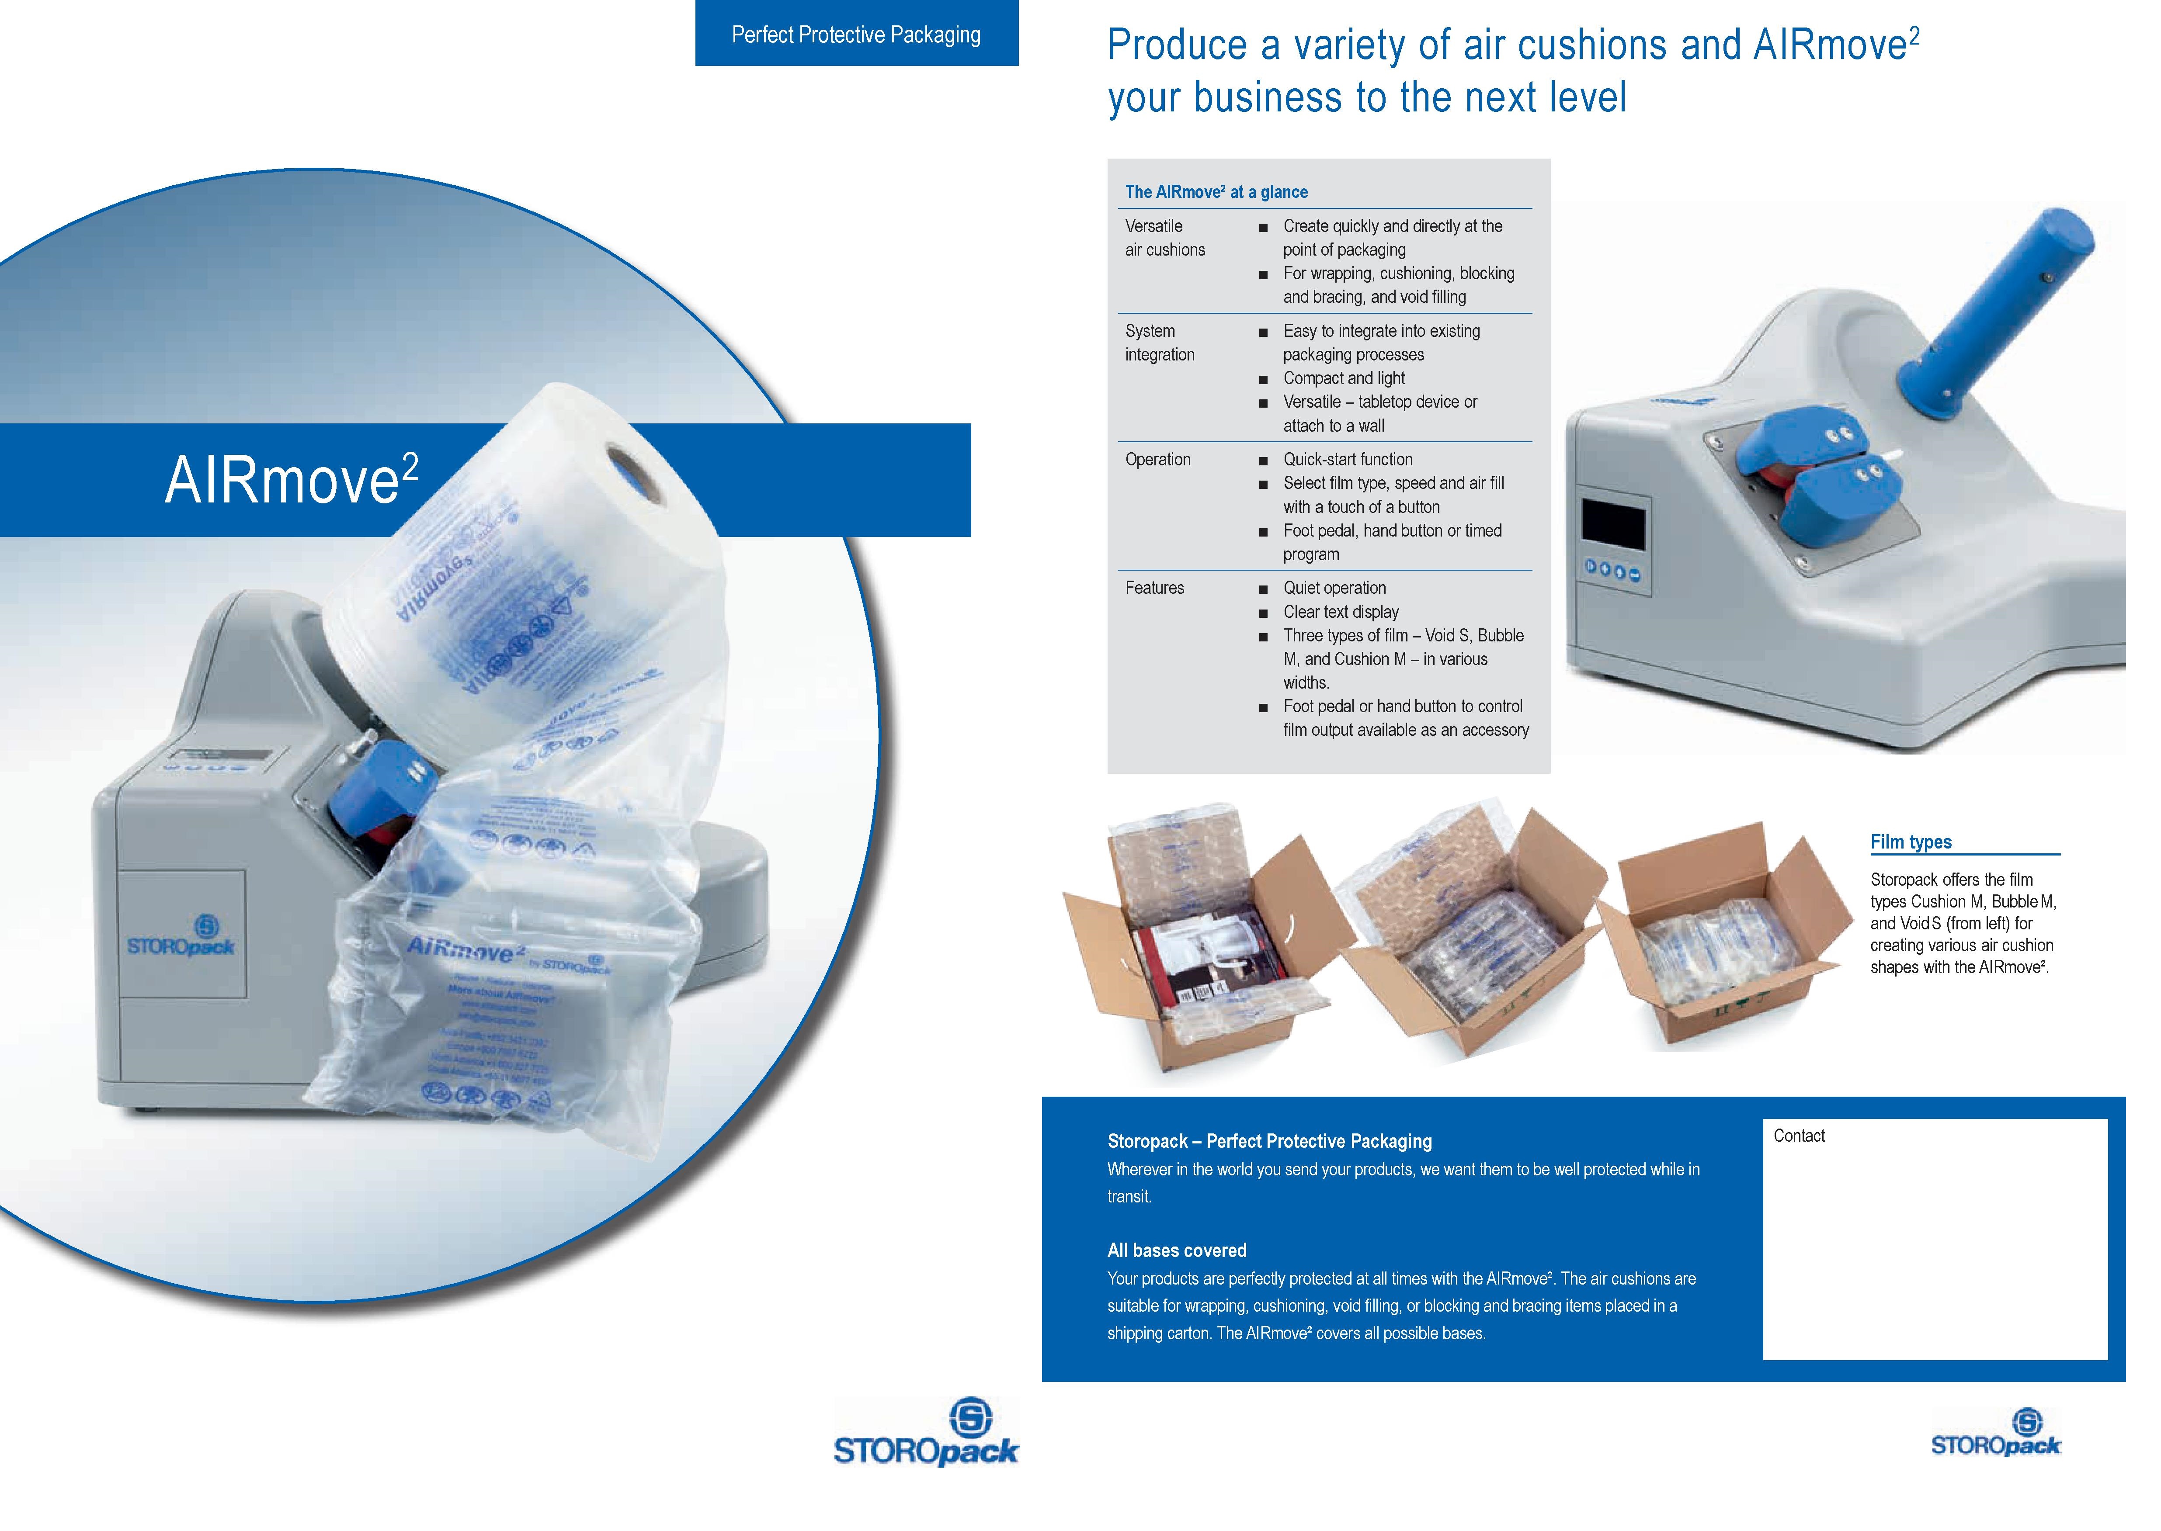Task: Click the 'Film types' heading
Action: tap(1910, 842)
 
